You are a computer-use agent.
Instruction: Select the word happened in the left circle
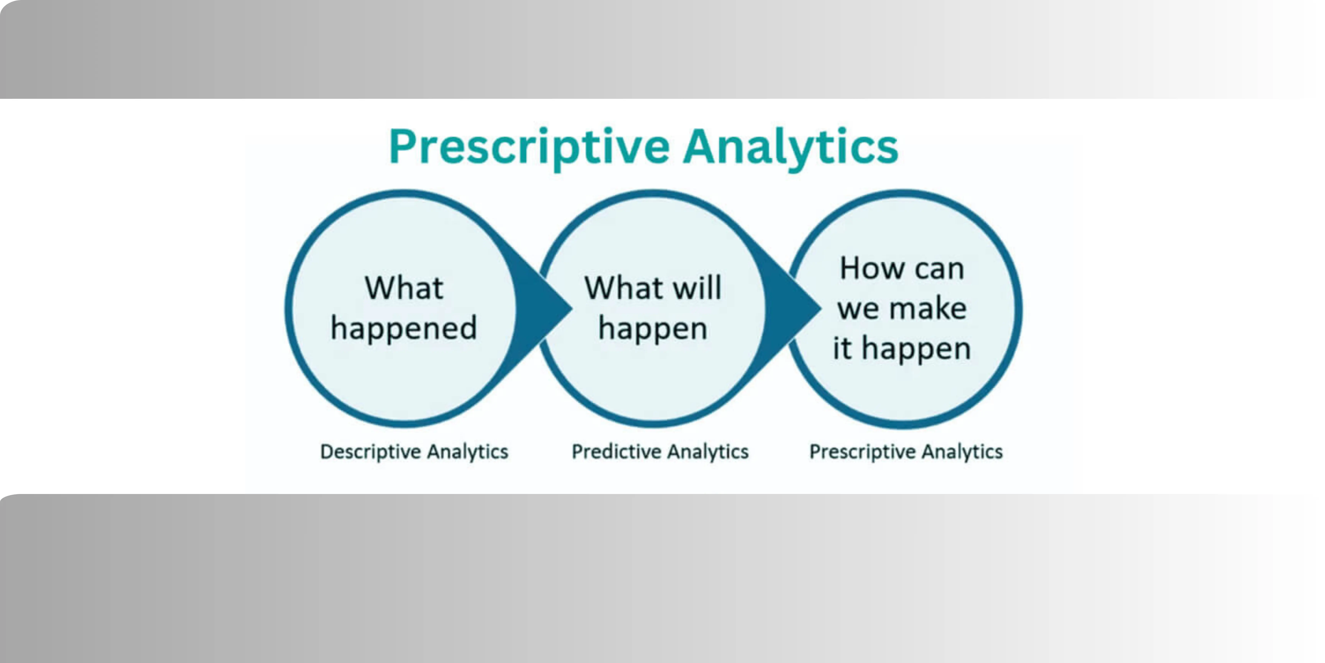tap(404, 328)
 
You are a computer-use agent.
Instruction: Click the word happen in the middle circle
tap(653, 328)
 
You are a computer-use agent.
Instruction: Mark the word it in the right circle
tap(842, 349)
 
